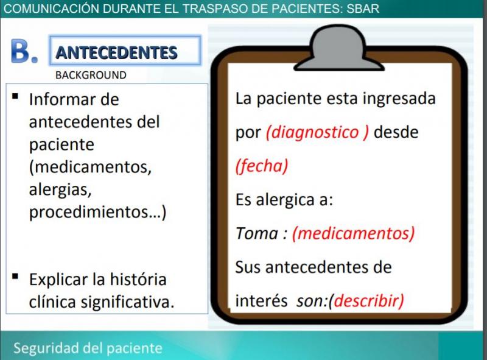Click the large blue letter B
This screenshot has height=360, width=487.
(21, 51)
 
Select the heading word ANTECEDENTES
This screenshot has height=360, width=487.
(116, 52)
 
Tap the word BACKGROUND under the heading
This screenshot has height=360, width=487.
(91, 76)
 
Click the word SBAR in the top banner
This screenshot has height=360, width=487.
(363, 9)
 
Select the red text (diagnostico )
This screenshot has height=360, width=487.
(317, 132)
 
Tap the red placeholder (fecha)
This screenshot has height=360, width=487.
(262, 166)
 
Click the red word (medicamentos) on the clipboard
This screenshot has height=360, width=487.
(354, 233)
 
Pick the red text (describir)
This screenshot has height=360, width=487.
(366, 301)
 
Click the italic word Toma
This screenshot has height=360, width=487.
(256, 233)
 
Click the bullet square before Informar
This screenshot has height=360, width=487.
(15, 96)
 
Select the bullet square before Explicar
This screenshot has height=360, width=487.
(15, 277)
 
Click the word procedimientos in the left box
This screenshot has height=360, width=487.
(89, 213)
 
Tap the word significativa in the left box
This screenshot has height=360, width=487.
(125, 302)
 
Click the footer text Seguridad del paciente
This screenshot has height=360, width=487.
(88, 348)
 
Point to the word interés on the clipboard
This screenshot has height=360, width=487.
(261, 301)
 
